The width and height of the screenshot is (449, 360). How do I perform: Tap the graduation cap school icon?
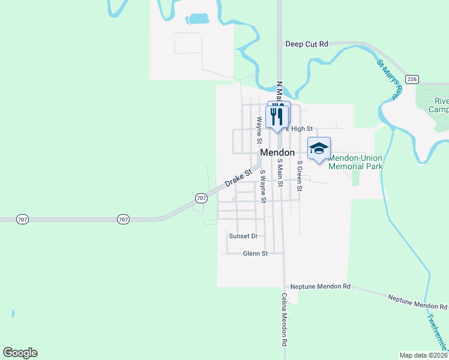click(x=319, y=148)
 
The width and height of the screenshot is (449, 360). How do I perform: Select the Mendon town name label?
click(x=277, y=153)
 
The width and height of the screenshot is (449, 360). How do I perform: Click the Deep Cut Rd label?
click(x=307, y=44)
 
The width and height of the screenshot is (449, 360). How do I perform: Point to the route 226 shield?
click(x=412, y=79)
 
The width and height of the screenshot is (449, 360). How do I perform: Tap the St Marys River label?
click(x=388, y=79)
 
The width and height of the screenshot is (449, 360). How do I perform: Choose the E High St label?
click(x=300, y=128)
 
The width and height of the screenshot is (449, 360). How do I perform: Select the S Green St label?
click(x=300, y=176)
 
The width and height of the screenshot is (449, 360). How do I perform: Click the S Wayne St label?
click(x=262, y=186)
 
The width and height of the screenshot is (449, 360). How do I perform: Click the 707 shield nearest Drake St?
click(x=201, y=197)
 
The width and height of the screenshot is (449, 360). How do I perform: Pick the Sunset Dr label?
click(x=243, y=236)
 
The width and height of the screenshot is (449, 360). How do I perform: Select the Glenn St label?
click(x=255, y=254)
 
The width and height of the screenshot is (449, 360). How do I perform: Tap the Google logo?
click(x=20, y=353)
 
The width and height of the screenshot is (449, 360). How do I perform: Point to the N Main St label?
click(x=279, y=91)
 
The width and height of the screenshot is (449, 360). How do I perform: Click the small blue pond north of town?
click(x=196, y=19)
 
